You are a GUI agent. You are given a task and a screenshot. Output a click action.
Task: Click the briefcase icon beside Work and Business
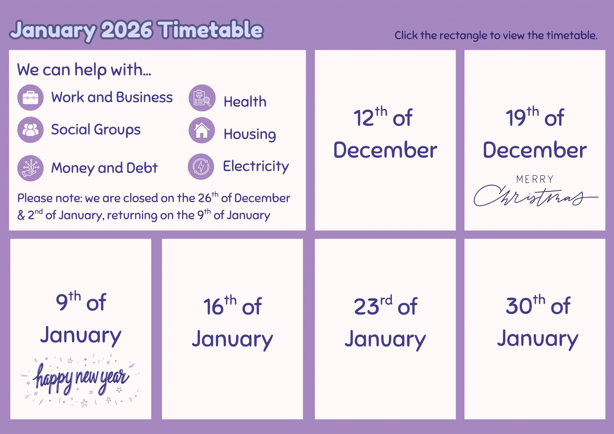30,98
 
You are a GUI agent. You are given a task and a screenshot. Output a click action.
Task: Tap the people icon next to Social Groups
30,130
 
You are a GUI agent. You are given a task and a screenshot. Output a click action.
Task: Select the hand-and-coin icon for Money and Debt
30,168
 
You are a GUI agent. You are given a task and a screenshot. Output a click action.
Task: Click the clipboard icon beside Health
202,98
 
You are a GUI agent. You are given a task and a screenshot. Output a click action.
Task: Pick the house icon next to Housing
202,130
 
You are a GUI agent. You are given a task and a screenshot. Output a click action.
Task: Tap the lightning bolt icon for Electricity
201,167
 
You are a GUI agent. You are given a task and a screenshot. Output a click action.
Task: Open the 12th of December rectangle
385,140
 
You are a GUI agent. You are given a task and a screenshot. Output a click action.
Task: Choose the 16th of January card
232,329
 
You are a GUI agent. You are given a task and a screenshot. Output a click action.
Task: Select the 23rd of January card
385,329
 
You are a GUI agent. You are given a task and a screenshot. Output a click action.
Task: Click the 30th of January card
535,329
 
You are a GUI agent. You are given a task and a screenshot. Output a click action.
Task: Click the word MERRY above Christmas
535,179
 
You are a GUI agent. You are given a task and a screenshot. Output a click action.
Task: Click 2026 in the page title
127,30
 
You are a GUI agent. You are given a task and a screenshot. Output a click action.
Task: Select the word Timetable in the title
210,29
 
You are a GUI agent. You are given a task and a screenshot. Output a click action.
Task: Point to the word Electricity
256,166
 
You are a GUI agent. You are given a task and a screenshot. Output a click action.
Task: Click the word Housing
250,134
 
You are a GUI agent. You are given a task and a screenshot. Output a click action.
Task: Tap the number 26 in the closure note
205,198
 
